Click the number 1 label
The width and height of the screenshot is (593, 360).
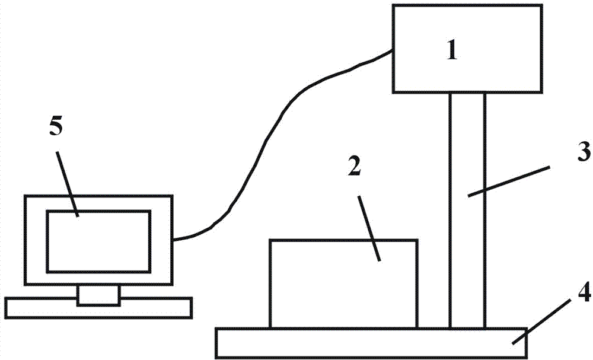click(452, 51)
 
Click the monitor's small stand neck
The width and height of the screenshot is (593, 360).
click(98, 294)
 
